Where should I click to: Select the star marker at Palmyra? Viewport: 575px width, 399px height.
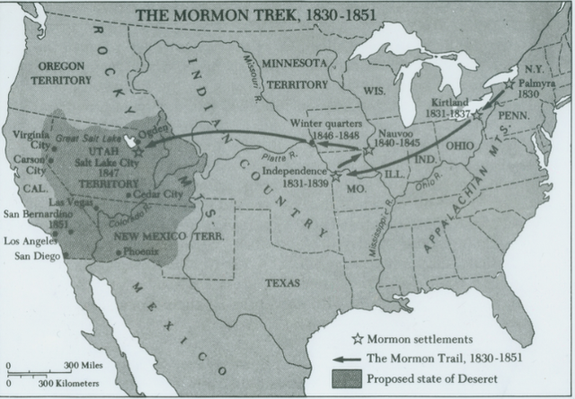tap(509, 84)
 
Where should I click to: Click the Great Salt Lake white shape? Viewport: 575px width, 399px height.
tap(133, 142)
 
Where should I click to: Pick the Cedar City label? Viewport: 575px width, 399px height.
tap(160, 194)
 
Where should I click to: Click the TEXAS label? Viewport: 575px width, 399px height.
tap(283, 282)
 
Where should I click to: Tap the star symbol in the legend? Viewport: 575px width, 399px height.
tap(356, 340)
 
